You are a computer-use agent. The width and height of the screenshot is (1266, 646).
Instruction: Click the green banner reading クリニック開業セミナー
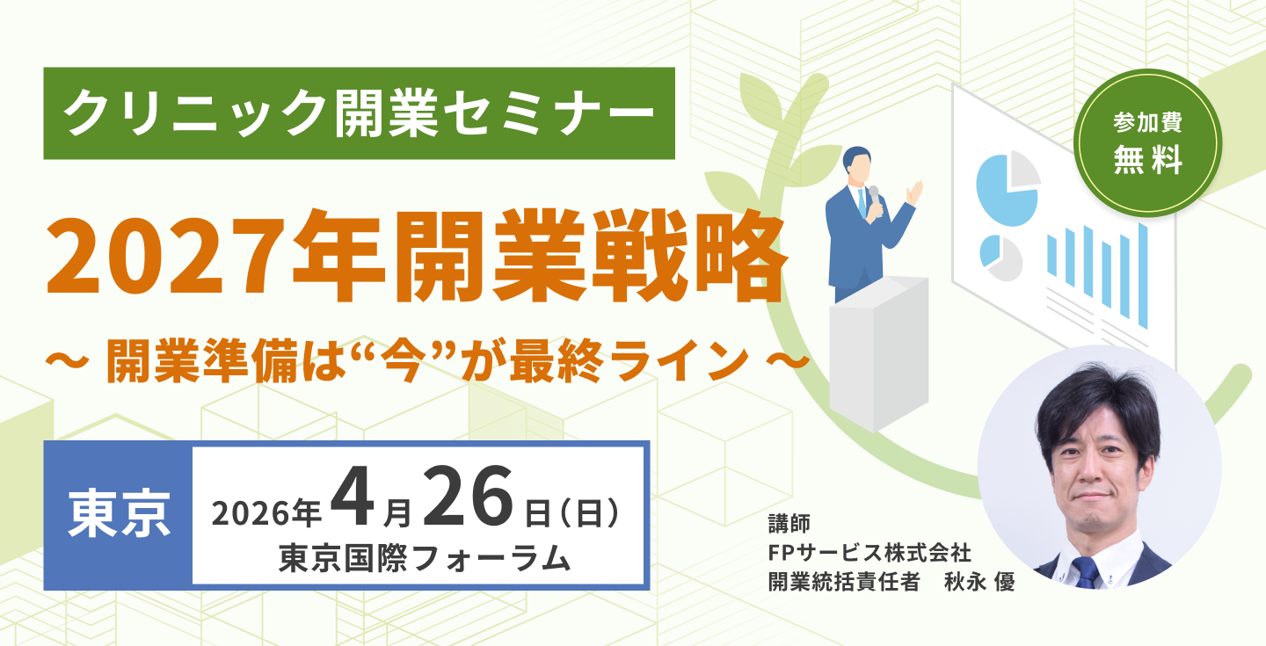coord(359,113)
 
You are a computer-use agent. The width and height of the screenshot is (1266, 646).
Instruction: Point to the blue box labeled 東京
coord(119,515)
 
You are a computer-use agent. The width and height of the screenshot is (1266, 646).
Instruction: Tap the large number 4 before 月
coord(353,498)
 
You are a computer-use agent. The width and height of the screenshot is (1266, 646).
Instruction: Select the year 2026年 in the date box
coord(266,514)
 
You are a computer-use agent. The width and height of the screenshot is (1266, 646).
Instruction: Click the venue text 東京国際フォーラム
coord(425,558)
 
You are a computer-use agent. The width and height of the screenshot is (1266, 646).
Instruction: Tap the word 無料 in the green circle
coord(1148,159)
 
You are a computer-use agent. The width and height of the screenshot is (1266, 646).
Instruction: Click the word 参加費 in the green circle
coord(1148,122)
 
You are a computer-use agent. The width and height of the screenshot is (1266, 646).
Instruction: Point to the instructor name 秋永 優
coord(979,582)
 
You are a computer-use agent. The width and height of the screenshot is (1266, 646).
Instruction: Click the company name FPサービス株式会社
coord(869,553)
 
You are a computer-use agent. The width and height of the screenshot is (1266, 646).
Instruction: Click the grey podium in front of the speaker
coord(878,353)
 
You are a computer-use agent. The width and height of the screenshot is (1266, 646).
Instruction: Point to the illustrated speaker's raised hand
coord(914,193)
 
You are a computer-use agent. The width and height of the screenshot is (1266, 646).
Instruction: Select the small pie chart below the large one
coord(1000,258)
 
